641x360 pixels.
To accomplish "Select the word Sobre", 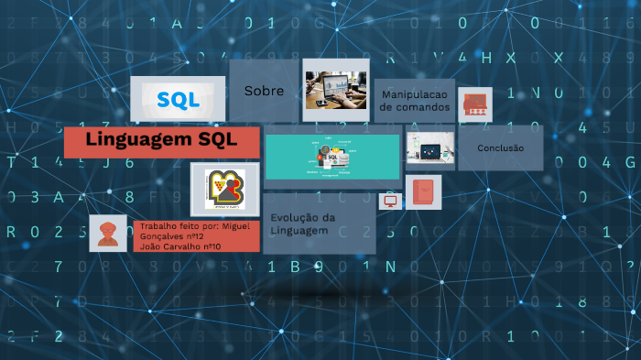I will coord(264,91).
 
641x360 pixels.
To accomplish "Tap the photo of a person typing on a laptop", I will coord(335,90).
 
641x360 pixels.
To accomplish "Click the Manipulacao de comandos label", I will coord(415,101).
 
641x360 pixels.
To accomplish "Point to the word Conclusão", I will coord(501,147).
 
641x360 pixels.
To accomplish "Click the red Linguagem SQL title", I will coord(161,140).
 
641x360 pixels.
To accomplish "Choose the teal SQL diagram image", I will coord(332,157).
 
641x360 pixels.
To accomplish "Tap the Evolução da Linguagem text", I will coord(299,224).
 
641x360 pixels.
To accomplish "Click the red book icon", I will coord(423,192).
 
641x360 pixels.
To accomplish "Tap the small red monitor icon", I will coord(391,201).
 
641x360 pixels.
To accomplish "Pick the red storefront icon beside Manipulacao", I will coord(475,104).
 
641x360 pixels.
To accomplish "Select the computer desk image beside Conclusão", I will coord(430,147).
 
